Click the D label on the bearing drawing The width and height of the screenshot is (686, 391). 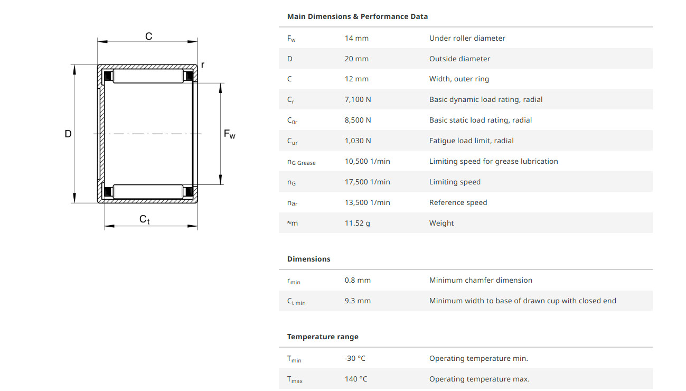click(x=68, y=134)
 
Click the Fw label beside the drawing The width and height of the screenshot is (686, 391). click(x=230, y=134)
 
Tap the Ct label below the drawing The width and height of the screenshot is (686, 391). click(x=145, y=219)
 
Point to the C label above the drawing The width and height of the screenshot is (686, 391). click(x=149, y=36)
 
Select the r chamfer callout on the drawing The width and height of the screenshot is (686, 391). click(x=203, y=65)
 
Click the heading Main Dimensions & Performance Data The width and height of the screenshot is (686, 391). click(x=358, y=16)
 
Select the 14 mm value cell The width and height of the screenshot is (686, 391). click(x=356, y=38)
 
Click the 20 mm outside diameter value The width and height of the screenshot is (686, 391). click(x=356, y=59)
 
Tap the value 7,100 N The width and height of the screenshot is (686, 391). click(x=358, y=99)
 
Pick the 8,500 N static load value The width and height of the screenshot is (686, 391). click(x=358, y=120)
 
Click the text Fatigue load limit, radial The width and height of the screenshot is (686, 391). click(x=471, y=141)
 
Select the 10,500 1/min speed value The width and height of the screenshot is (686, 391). click(x=367, y=161)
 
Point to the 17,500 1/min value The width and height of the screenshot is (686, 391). click(x=367, y=182)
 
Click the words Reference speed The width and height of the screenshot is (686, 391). click(x=458, y=202)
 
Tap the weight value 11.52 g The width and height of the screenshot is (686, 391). click(x=357, y=223)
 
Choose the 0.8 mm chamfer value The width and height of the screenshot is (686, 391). click(x=358, y=280)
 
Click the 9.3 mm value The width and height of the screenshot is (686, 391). click(x=358, y=301)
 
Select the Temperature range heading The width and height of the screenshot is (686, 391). click(x=323, y=337)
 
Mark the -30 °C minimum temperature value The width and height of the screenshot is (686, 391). click(x=355, y=358)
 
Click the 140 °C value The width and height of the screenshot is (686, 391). click(x=356, y=379)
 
